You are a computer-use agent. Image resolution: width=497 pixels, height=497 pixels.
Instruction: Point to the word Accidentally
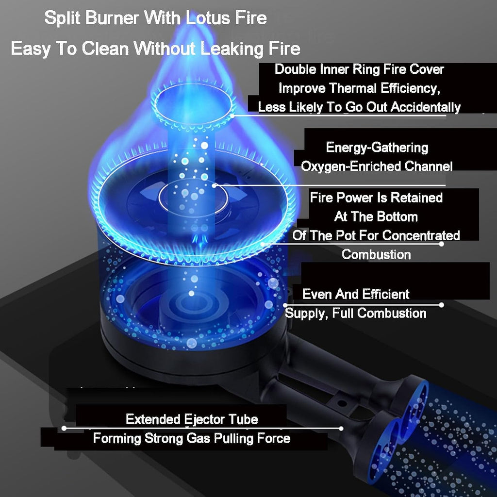click(x=425, y=107)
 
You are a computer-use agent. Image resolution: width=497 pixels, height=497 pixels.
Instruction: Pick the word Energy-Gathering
click(x=377, y=148)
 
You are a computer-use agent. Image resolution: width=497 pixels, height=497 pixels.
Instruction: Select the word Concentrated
click(x=421, y=235)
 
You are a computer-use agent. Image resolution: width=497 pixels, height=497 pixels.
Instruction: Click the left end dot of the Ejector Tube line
click(x=64, y=428)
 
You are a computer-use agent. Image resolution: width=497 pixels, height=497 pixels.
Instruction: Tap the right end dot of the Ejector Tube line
click(x=341, y=428)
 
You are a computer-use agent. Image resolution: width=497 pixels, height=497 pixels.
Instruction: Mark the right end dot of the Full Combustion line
click(x=442, y=305)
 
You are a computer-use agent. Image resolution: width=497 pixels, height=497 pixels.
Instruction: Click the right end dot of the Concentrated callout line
click(x=442, y=244)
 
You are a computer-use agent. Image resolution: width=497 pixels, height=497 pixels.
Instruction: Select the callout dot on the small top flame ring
click(x=232, y=116)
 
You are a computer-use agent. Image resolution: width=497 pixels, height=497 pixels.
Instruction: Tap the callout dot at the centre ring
click(x=215, y=185)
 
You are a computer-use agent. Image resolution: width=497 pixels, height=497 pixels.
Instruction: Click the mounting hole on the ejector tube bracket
click(x=342, y=403)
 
